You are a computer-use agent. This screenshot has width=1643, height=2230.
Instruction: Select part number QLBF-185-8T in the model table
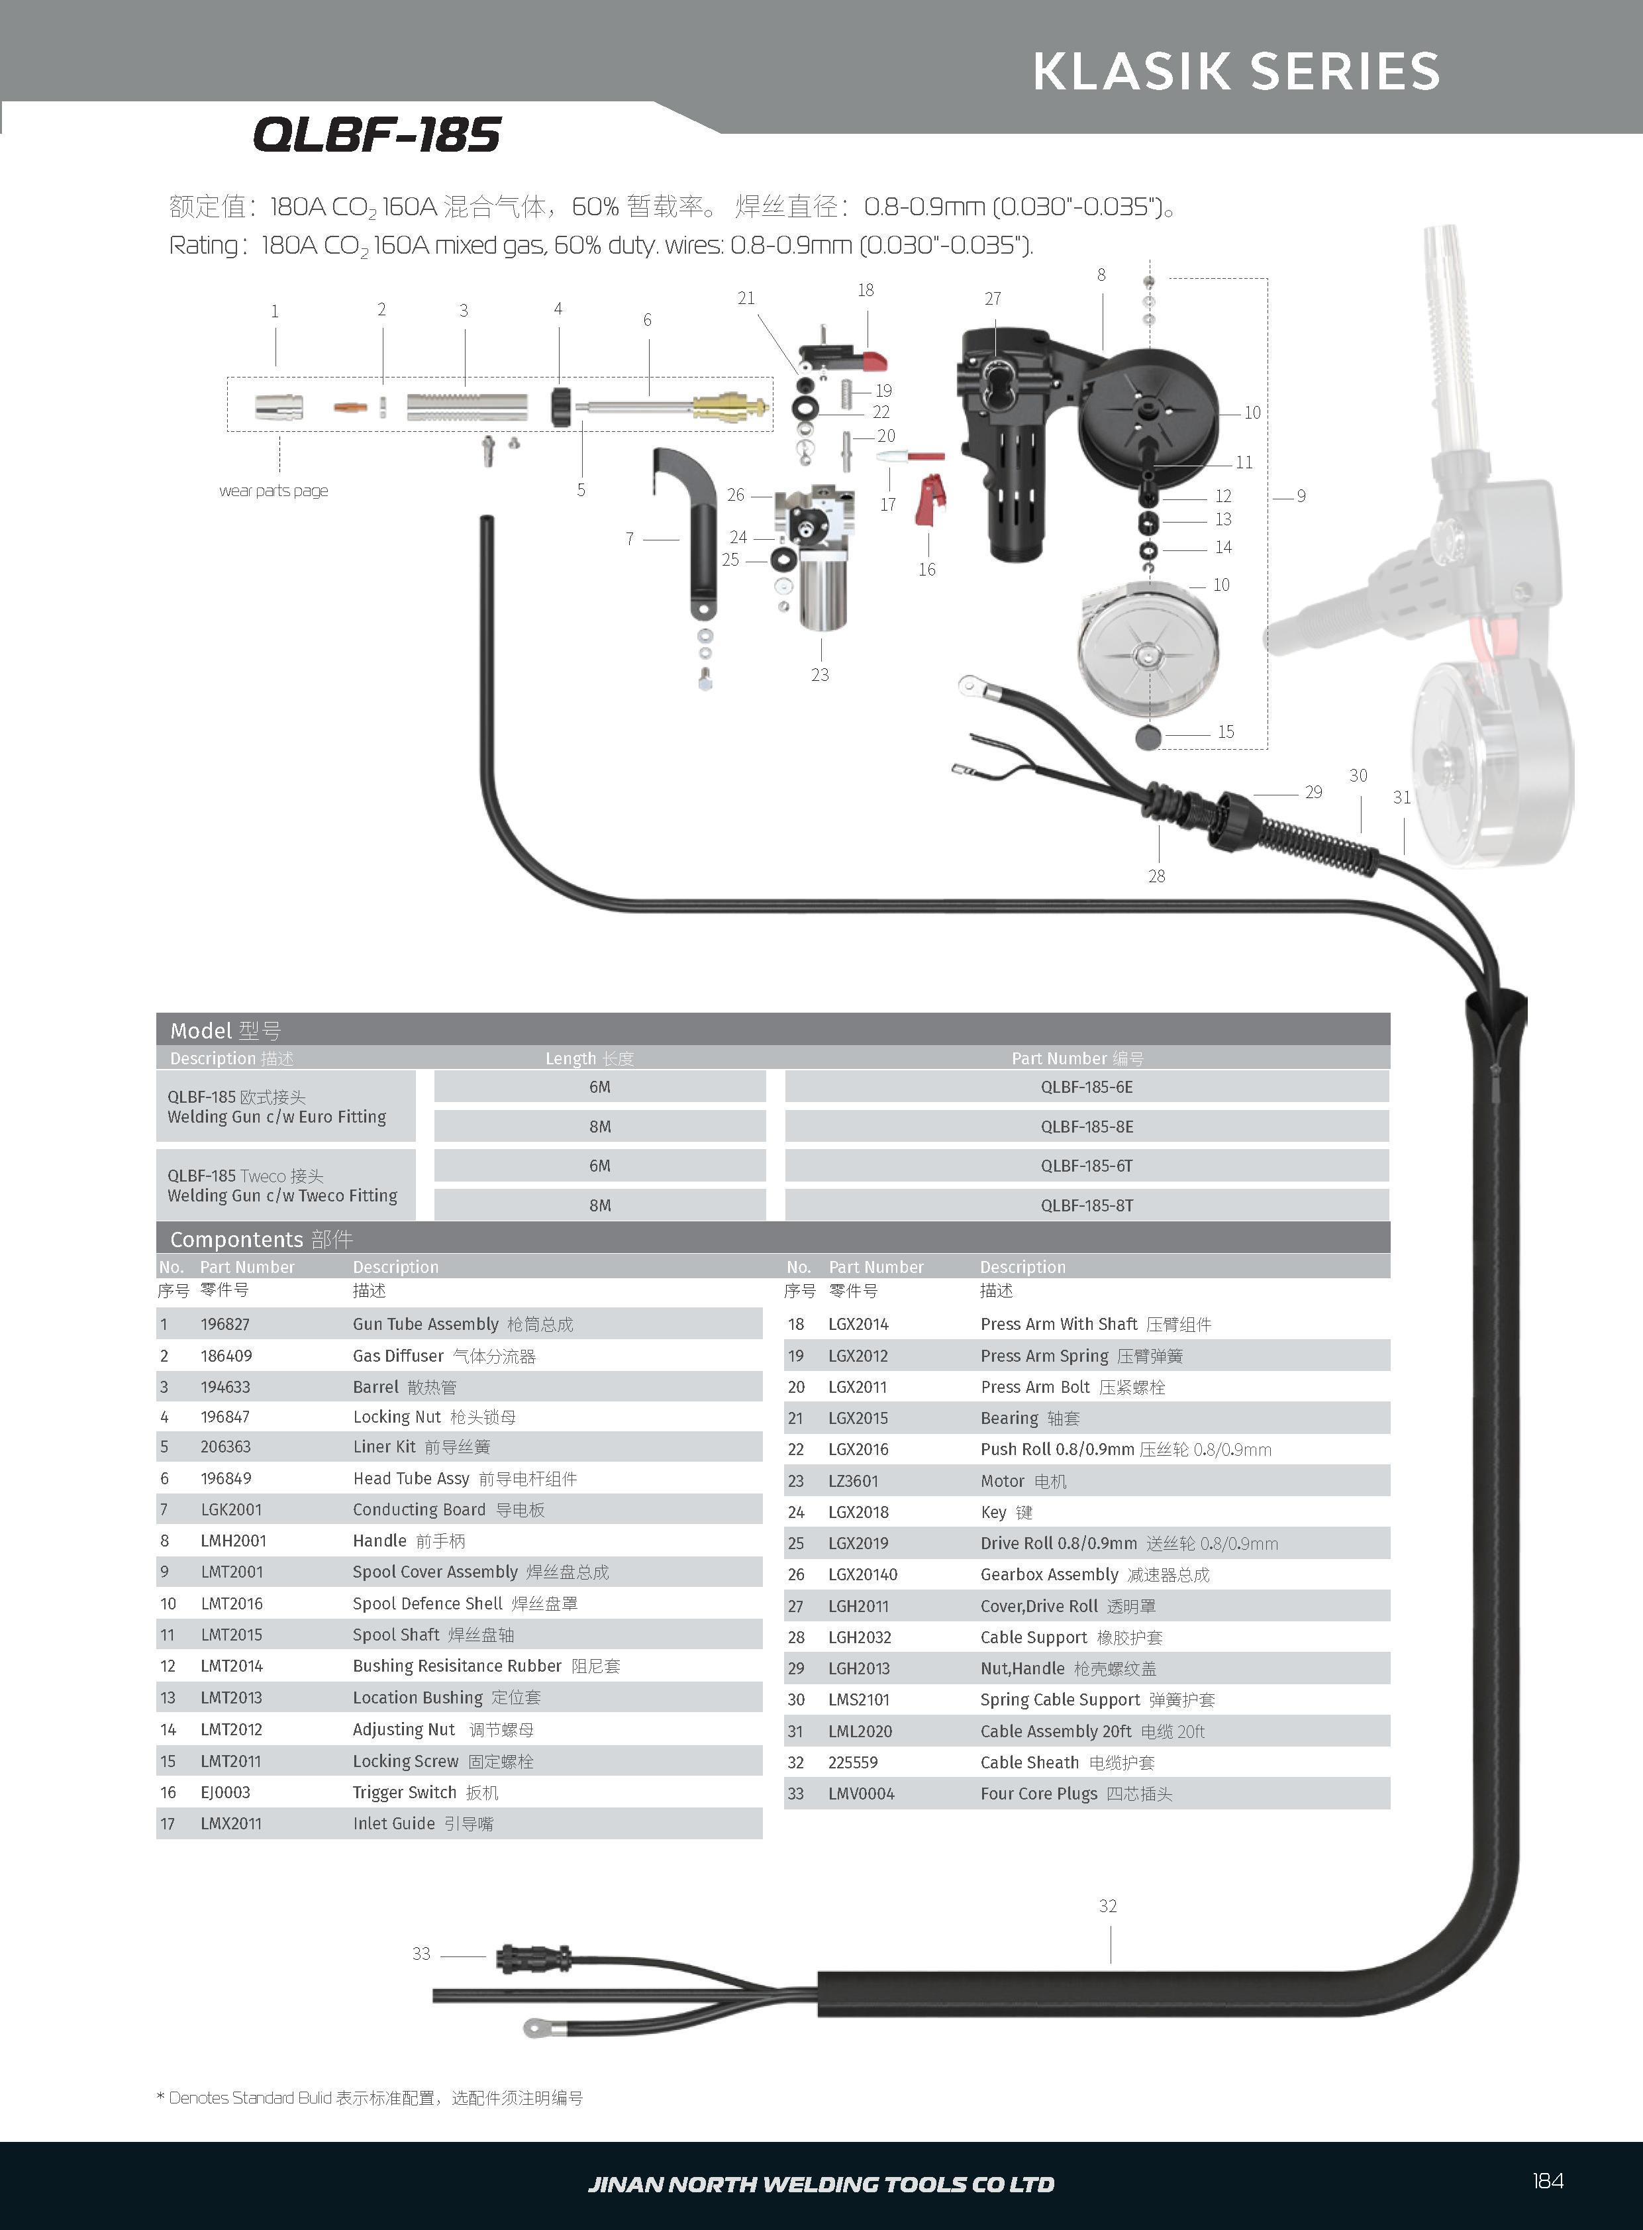[1086, 1205]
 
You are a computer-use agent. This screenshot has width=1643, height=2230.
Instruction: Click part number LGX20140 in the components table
[862, 1574]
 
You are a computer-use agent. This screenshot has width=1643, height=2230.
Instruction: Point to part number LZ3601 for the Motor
[854, 1481]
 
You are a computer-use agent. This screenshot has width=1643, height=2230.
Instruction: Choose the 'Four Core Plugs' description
[1038, 1794]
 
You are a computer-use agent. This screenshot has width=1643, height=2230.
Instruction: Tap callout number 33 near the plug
[422, 1954]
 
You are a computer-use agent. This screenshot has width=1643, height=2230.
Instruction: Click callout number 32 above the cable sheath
[1108, 1905]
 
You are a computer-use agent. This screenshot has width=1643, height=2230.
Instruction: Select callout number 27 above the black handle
[993, 299]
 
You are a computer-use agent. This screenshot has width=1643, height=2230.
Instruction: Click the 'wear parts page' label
[274, 490]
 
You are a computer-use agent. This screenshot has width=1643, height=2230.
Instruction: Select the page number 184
[1548, 2180]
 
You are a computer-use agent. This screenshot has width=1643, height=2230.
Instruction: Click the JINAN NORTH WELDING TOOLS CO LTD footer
[821, 2184]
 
